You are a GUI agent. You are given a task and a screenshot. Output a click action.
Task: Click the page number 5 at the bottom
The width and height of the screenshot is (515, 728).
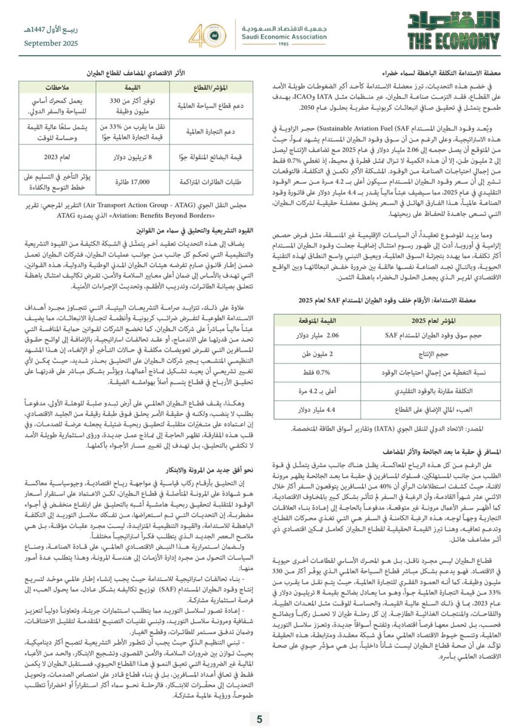tap(259, 720)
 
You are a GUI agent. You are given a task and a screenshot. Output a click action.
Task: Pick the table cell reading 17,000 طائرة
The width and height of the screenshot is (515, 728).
tap(135, 182)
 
